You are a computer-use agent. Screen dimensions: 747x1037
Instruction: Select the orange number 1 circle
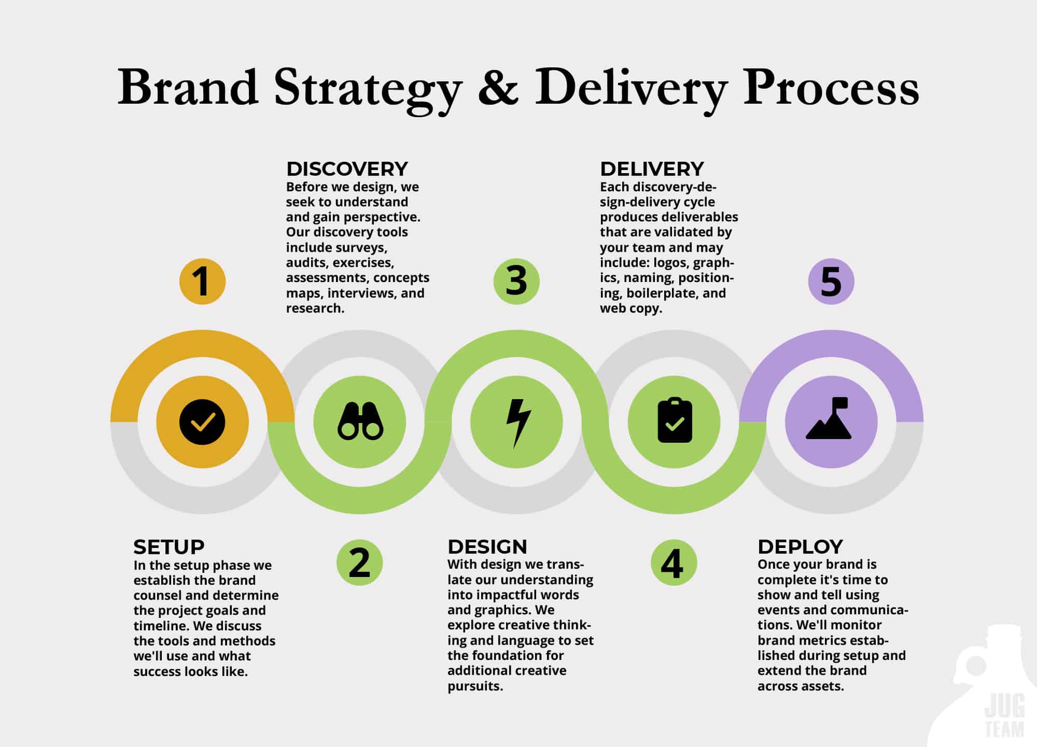click(x=202, y=281)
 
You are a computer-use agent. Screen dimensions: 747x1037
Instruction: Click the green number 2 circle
click(x=359, y=563)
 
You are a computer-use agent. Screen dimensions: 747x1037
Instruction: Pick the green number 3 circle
click(x=516, y=281)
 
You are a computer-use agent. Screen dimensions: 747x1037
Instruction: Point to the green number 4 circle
click(x=674, y=563)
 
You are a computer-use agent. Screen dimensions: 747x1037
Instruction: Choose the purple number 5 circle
click(x=831, y=281)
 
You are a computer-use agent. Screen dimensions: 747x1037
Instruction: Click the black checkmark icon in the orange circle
click(x=202, y=422)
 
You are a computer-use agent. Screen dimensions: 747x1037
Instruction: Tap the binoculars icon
click(x=360, y=422)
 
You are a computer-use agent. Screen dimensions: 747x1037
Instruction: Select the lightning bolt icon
click(x=517, y=422)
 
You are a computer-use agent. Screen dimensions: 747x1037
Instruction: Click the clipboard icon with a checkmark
click(x=675, y=421)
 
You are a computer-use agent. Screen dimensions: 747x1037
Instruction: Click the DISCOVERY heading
click(x=347, y=169)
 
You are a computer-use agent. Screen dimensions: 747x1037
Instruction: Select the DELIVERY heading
click(x=652, y=169)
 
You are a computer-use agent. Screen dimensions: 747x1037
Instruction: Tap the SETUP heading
click(x=169, y=547)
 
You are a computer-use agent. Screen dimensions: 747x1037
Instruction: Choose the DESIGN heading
click(x=487, y=547)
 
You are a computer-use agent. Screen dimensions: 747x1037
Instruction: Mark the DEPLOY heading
click(x=800, y=547)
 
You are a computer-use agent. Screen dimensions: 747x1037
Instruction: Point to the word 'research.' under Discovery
click(x=315, y=308)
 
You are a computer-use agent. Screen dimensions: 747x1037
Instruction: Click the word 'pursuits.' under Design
click(x=475, y=686)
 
